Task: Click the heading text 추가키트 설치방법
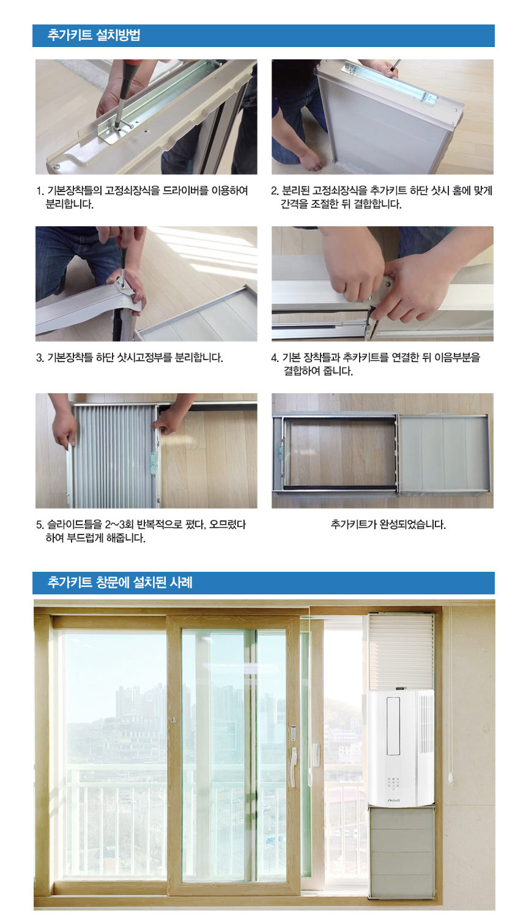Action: click(x=94, y=35)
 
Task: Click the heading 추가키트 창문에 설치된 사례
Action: click(x=120, y=582)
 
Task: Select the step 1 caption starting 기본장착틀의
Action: click(x=143, y=197)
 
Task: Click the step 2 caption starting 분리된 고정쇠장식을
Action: click(x=382, y=197)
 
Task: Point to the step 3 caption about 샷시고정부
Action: click(x=130, y=357)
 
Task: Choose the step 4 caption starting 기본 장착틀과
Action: click(x=376, y=364)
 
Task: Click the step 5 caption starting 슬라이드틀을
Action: click(x=141, y=531)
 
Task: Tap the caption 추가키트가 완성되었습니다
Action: click(x=388, y=524)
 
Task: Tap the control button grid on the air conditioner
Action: click(x=393, y=783)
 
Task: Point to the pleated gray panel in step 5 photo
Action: click(x=113, y=456)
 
